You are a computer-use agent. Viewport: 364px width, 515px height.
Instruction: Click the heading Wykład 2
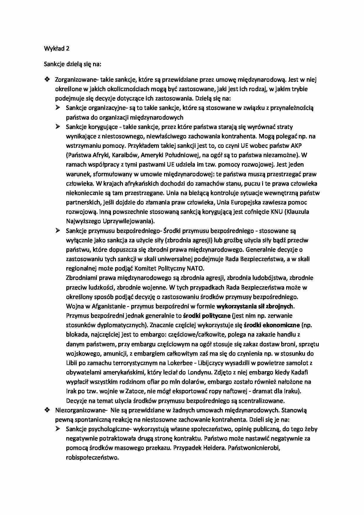[x=56, y=49]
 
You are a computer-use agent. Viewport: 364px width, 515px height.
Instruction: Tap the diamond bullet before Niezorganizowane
[x=47, y=410]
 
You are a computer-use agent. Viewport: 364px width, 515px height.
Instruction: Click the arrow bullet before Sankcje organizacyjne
[x=58, y=108]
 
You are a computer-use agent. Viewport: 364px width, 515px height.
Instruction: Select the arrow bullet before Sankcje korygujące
[x=58, y=127]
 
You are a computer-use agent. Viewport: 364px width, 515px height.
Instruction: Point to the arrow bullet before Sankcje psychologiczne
[x=58, y=429]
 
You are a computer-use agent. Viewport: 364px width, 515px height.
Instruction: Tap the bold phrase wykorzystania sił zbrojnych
[x=255, y=306]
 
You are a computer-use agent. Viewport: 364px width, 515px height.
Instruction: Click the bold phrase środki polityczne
[x=207, y=316]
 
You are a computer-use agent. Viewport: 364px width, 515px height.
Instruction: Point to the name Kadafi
[x=299, y=372]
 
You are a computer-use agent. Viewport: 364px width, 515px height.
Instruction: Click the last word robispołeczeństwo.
[x=92, y=457]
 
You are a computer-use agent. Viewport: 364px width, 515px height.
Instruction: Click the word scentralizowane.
[x=262, y=400]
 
